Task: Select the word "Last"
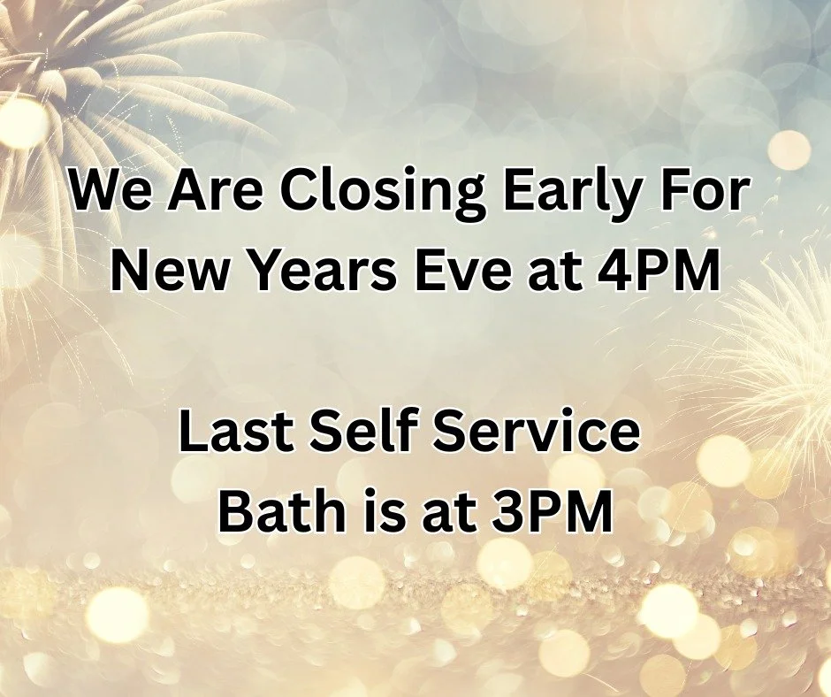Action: point(237,433)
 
